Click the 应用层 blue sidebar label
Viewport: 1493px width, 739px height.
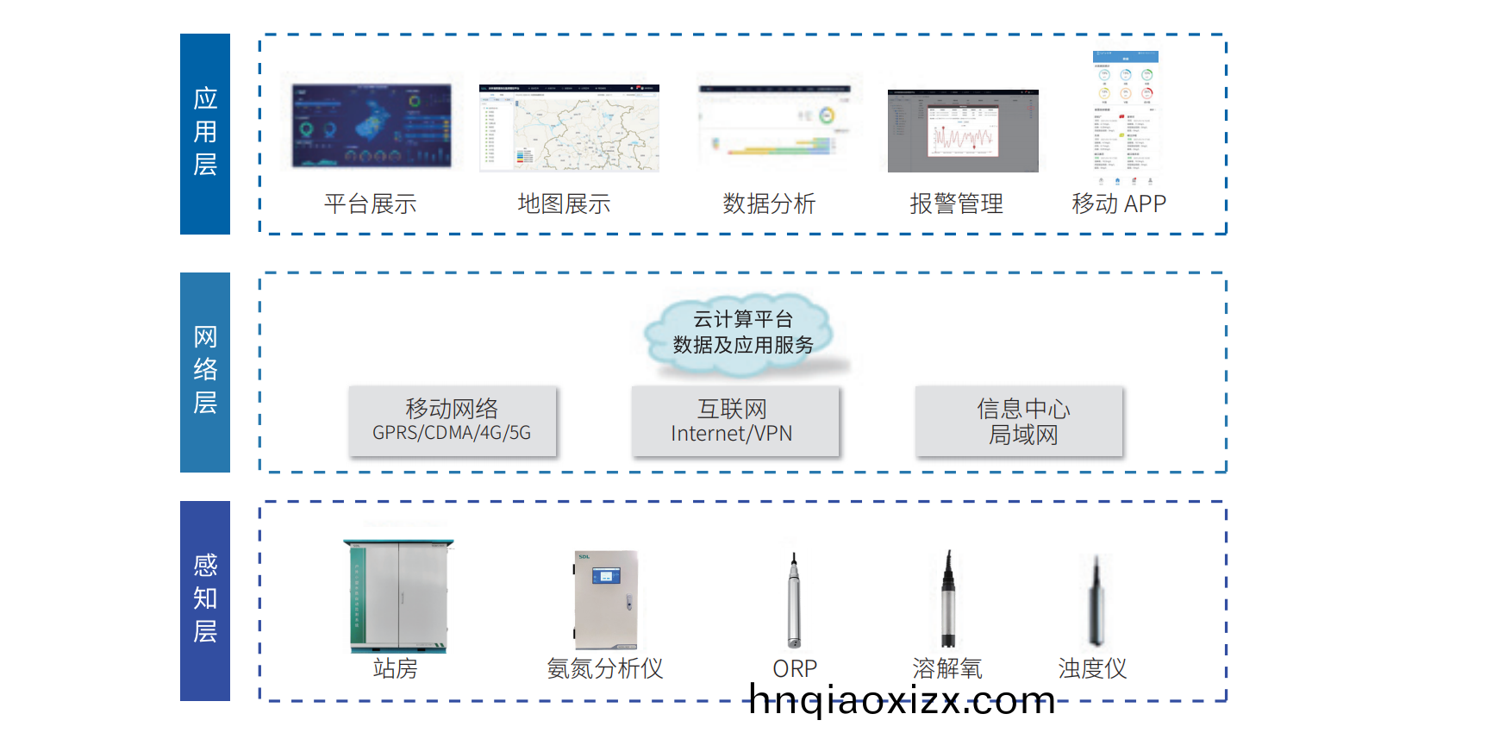tap(205, 134)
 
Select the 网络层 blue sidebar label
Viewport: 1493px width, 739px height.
tap(205, 372)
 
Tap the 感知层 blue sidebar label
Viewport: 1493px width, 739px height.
tap(205, 600)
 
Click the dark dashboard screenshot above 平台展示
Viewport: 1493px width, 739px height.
tap(372, 125)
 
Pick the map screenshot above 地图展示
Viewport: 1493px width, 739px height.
tap(569, 128)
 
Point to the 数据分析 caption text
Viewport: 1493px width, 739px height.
tap(769, 204)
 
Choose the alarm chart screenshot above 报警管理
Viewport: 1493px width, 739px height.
tap(963, 131)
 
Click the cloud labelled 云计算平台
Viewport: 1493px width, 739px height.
tap(742, 334)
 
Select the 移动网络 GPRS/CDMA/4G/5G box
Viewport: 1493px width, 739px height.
tap(452, 420)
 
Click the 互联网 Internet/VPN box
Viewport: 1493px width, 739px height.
tap(734, 420)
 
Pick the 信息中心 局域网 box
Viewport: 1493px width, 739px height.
tap(1019, 420)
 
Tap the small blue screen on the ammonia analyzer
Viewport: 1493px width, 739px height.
tap(606, 575)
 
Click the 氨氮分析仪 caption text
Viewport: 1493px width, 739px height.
tap(605, 668)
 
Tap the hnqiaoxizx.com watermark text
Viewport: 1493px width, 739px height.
tap(902, 700)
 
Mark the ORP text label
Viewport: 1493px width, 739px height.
tap(795, 668)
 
